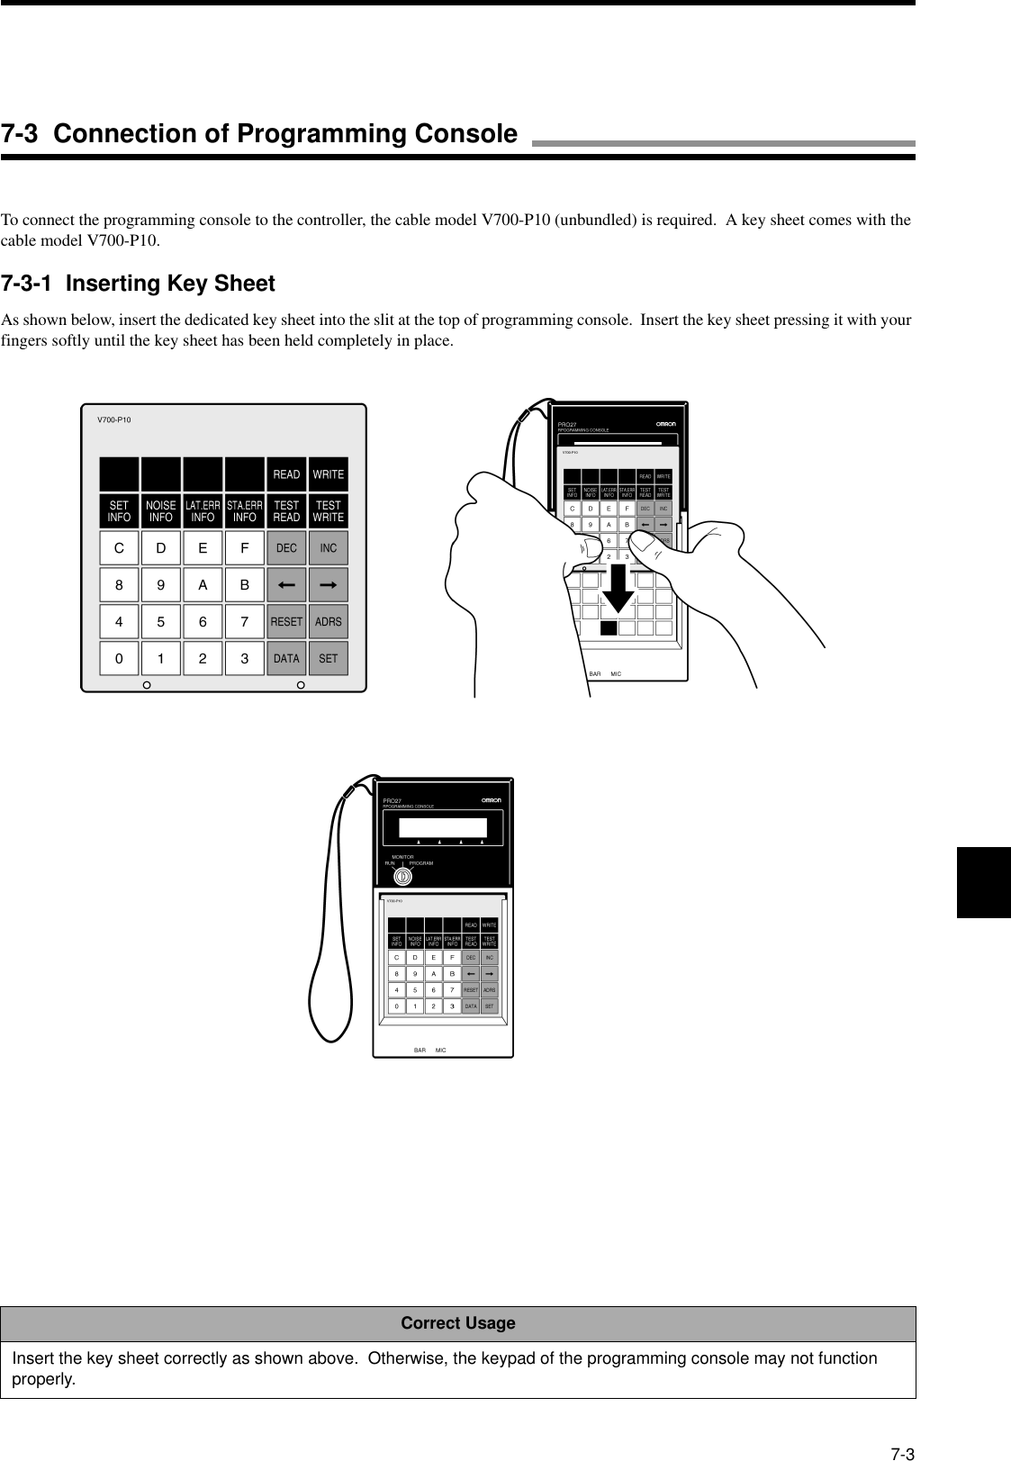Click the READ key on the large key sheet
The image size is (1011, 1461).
point(286,474)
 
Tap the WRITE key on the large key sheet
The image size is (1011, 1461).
point(329,474)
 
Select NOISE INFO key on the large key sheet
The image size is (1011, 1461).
point(161,511)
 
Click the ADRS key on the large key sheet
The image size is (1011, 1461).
point(329,621)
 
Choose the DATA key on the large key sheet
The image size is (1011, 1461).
point(286,658)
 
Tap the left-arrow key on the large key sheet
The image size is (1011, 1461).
point(286,585)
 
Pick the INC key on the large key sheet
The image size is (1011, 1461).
point(329,548)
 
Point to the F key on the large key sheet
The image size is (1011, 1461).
point(245,548)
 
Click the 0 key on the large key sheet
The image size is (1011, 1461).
point(119,658)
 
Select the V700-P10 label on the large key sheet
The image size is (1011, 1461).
point(113,419)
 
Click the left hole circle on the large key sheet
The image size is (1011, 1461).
point(147,686)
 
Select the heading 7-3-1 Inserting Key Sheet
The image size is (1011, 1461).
point(138,284)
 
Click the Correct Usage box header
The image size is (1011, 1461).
point(458,1323)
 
